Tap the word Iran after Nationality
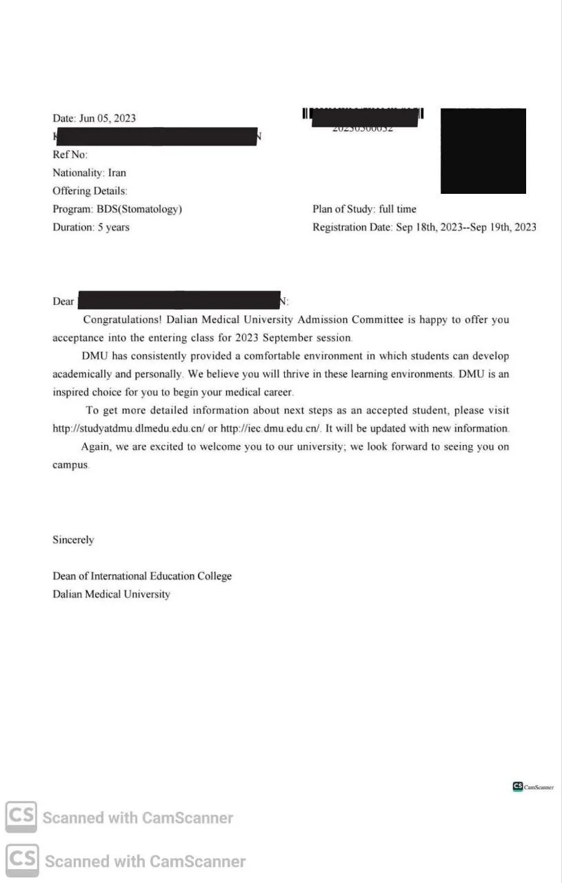(117, 172)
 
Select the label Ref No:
(70, 155)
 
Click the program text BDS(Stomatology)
(139, 209)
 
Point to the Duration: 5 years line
(91, 227)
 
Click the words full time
(398, 209)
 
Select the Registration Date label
(352, 227)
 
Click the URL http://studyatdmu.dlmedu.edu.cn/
(129, 428)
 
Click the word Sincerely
(73, 539)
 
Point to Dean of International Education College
(142, 576)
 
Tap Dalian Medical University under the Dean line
(111, 594)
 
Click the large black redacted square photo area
(483, 150)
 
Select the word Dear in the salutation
(63, 301)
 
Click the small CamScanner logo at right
(533, 786)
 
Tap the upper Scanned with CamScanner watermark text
(138, 818)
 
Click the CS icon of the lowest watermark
(22, 860)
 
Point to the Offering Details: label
(90, 191)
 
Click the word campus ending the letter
(70, 465)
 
